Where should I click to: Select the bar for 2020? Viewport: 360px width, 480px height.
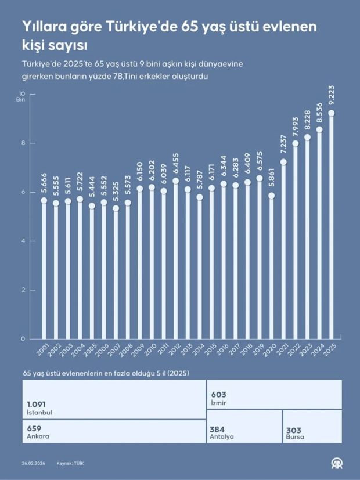[271, 267]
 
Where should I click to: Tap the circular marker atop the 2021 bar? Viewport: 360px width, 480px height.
[283, 162]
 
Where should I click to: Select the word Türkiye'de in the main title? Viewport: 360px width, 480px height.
[129, 26]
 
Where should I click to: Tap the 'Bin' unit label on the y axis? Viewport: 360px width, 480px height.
[21, 100]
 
